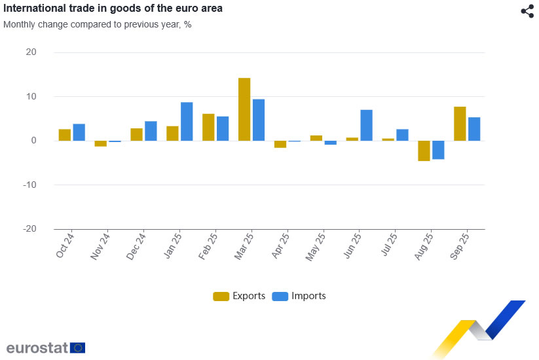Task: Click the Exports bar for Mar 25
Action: (x=244, y=109)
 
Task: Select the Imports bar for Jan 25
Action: (x=187, y=122)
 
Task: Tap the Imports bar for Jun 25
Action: (x=367, y=125)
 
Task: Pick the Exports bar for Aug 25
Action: (x=424, y=151)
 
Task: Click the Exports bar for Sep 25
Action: (x=460, y=124)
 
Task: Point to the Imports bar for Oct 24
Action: (x=79, y=132)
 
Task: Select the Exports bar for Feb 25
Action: (x=208, y=127)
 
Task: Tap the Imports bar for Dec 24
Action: (x=151, y=131)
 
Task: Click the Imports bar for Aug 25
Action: (x=438, y=150)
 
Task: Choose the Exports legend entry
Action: (x=240, y=296)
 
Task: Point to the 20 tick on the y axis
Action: (x=31, y=52)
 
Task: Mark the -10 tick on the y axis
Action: (x=29, y=185)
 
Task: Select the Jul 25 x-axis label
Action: (x=389, y=245)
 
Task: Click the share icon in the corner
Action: (x=527, y=11)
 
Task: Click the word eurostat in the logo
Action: (x=37, y=348)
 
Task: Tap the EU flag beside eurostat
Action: (x=78, y=348)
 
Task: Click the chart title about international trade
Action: (x=113, y=9)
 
